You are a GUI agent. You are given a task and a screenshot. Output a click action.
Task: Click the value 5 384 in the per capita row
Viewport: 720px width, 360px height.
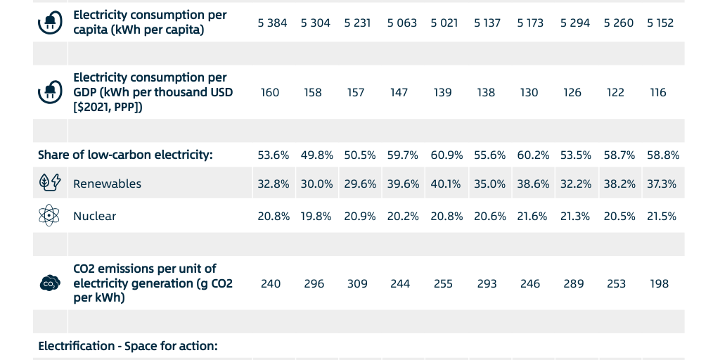(x=272, y=22)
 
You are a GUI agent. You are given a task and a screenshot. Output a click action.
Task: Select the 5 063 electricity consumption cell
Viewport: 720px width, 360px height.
(x=401, y=22)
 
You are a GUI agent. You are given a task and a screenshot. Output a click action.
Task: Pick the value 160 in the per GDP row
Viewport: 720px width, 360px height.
(x=270, y=92)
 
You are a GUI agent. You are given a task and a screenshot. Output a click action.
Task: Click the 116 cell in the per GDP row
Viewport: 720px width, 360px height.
(x=658, y=92)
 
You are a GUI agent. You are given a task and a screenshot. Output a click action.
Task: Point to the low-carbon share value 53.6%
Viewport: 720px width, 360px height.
(x=273, y=155)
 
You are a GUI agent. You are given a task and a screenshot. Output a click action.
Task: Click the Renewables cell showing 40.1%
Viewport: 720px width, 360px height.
(x=446, y=184)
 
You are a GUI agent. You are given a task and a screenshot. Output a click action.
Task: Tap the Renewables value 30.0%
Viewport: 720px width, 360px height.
(x=316, y=184)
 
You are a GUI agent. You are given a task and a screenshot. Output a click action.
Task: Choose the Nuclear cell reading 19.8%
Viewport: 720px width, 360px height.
(x=316, y=216)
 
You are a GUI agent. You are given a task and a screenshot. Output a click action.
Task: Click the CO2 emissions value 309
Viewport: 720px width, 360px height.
(x=357, y=283)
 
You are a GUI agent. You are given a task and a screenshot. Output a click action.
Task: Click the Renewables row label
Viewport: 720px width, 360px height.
(x=107, y=184)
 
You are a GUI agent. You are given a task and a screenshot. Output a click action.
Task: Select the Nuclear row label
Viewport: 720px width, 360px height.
(x=94, y=216)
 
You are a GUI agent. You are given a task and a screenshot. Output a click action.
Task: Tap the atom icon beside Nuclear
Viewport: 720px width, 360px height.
(x=49, y=215)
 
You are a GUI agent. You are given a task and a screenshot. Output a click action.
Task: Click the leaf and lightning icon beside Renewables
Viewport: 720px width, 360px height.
(x=49, y=183)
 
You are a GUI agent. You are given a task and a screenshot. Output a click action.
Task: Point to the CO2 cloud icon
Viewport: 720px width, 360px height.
(x=49, y=283)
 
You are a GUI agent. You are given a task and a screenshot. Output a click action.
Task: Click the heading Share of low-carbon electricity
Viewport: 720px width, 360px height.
(x=125, y=155)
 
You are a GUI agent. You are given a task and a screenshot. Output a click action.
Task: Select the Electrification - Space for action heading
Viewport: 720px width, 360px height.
(x=128, y=346)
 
